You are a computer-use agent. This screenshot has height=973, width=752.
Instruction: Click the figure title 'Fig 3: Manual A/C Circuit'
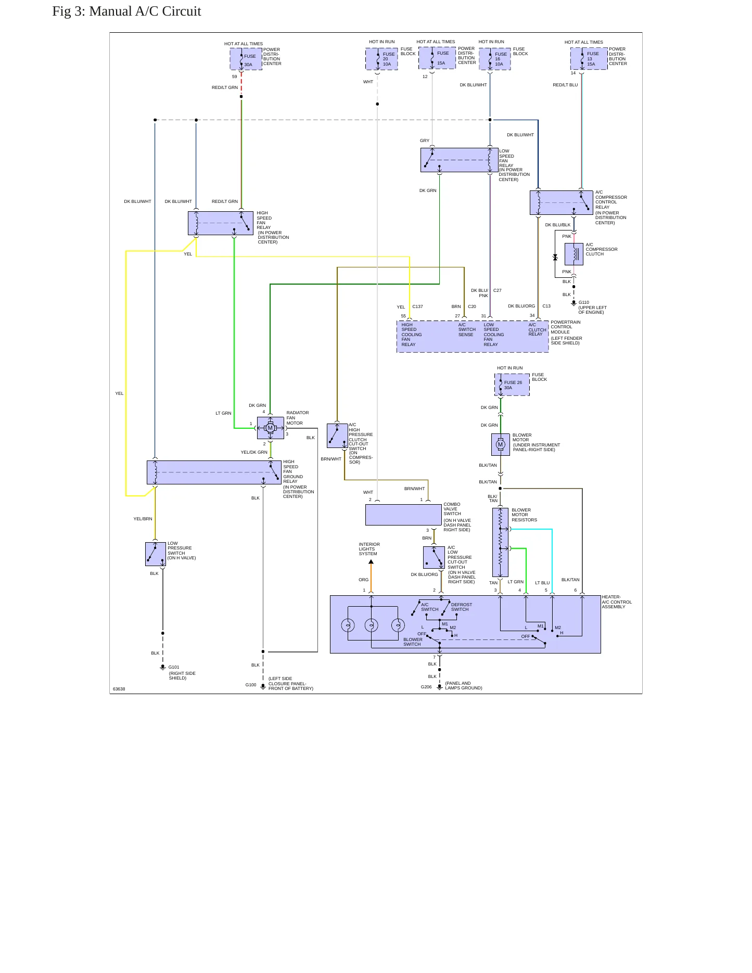tap(126, 11)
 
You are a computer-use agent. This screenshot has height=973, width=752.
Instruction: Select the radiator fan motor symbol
tap(270, 428)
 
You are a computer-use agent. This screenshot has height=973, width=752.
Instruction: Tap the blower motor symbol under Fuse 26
tap(501, 444)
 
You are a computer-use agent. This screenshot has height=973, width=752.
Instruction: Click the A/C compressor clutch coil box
tap(574, 254)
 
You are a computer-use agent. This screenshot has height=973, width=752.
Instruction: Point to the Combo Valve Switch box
tap(403, 515)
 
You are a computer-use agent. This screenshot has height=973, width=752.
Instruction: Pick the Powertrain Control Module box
tap(473, 336)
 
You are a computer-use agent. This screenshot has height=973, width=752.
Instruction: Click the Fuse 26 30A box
tap(512, 385)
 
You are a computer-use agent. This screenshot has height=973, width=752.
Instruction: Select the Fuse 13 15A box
tap(589, 58)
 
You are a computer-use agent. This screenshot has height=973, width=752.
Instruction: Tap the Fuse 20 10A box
tap(381, 59)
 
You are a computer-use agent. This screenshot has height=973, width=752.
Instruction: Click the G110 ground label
tap(584, 302)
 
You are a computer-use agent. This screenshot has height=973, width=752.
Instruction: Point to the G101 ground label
tap(174, 667)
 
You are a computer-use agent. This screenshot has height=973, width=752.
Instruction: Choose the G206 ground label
tap(426, 687)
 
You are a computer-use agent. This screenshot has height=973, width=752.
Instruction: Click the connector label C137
tap(418, 306)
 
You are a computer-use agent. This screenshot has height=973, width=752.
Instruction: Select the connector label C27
tap(498, 290)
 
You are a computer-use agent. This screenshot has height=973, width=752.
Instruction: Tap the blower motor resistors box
tap(500, 543)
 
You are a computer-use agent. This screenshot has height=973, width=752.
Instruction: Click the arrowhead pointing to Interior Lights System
tap(371, 562)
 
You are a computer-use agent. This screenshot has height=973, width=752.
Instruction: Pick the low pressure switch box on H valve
tap(156, 554)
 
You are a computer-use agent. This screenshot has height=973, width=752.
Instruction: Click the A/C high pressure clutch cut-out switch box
tap(337, 436)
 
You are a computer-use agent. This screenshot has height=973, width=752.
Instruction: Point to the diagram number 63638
tap(119, 689)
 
